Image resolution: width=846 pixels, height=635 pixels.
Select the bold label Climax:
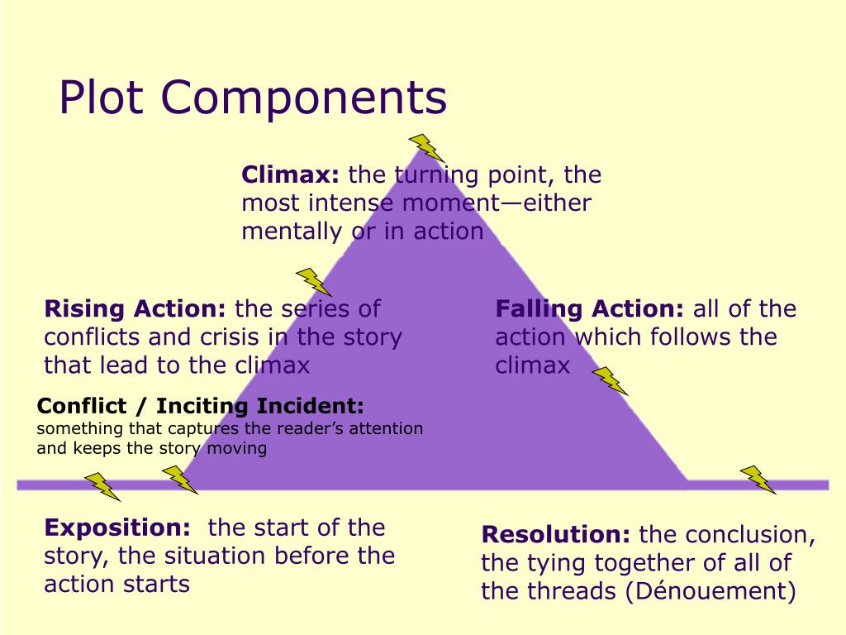[291, 175]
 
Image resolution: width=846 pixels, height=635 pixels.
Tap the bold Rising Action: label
[135, 309]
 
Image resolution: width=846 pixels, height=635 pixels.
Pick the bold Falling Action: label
[590, 309]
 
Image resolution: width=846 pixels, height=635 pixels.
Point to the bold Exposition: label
[117, 528]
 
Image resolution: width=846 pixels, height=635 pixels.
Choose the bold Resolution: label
[557, 535]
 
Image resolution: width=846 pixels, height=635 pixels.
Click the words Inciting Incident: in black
[259, 407]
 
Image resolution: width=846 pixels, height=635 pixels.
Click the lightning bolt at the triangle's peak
[427, 147]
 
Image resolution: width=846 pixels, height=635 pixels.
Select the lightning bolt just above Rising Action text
[314, 282]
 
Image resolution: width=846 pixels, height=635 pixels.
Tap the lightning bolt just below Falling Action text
[611, 380]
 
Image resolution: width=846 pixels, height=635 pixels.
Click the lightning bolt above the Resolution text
[757, 480]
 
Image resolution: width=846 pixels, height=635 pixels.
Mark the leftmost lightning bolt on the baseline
[102, 486]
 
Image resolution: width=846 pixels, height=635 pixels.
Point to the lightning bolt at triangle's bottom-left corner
[179, 480]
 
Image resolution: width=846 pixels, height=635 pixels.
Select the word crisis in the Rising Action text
[226, 337]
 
